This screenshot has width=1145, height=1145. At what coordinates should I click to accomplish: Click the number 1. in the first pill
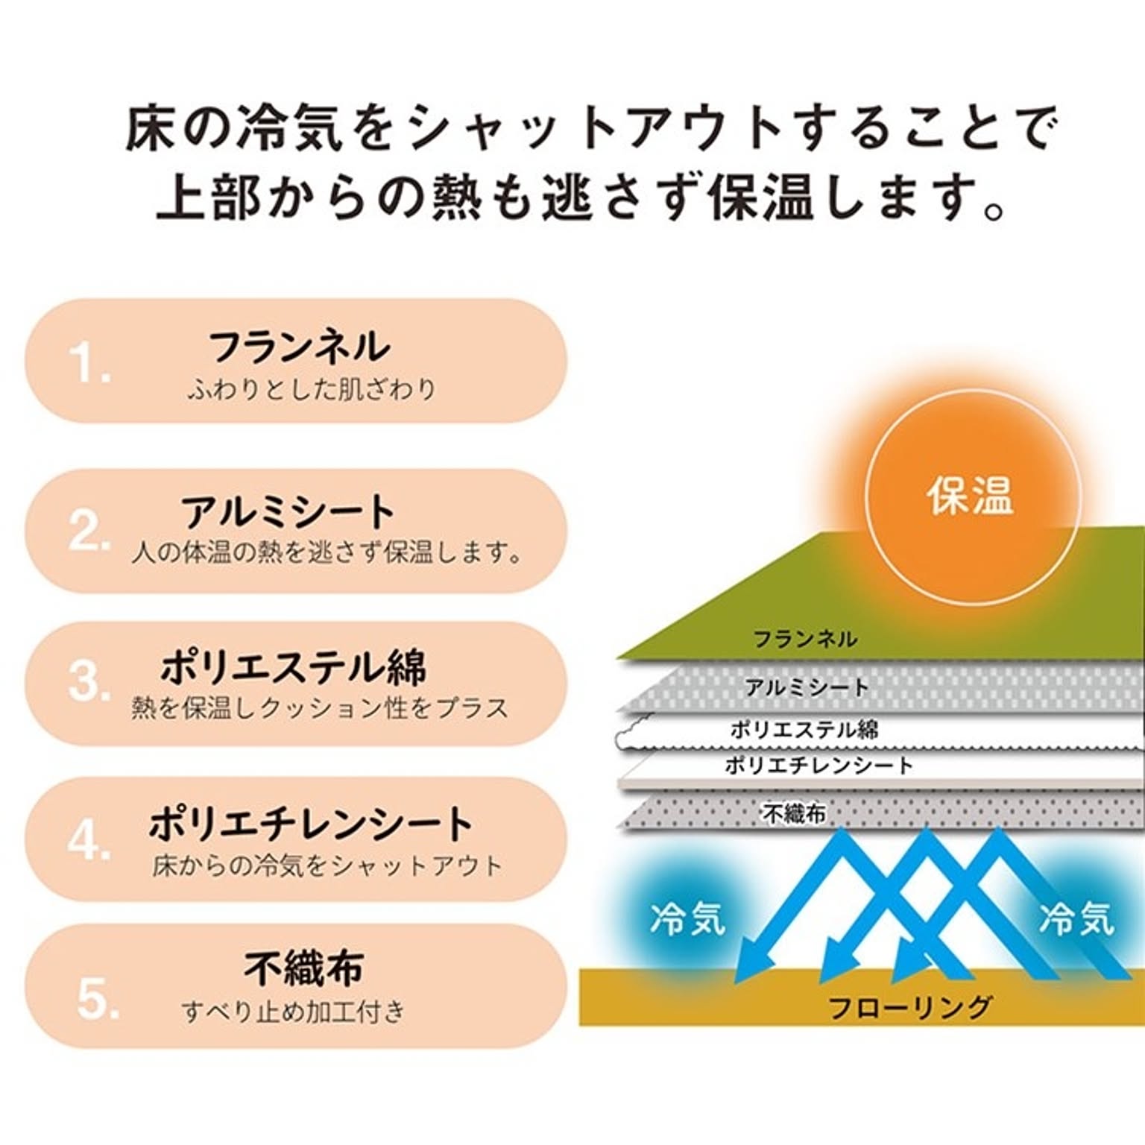tap(90, 365)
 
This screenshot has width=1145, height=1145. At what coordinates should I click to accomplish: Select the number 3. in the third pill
tap(90, 681)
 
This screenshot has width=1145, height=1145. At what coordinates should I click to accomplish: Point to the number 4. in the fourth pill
tap(90, 840)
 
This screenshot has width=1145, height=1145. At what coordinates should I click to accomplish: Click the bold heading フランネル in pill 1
tap(299, 347)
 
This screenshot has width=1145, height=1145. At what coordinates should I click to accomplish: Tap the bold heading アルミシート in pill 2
tap(288, 512)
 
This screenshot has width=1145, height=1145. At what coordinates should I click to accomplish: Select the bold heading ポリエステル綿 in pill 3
tap(294, 666)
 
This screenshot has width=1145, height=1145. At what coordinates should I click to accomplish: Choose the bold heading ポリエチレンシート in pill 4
tap(311, 824)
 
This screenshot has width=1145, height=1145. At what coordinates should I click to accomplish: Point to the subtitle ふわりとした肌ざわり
tap(312, 389)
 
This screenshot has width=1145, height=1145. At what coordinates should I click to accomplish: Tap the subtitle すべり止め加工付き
tap(293, 1012)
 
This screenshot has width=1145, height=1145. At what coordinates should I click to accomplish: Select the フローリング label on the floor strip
tap(910, 1007)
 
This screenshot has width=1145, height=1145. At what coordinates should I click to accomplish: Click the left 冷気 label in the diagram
tap(687, 918)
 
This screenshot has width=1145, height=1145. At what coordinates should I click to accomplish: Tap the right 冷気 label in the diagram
tap(1076, 918)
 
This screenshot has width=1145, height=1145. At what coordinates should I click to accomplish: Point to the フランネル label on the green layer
tap(805, 639)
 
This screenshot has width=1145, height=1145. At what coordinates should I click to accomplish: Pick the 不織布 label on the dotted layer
tap(794, 813)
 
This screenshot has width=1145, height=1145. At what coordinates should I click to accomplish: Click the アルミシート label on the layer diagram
tap(807, 687)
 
